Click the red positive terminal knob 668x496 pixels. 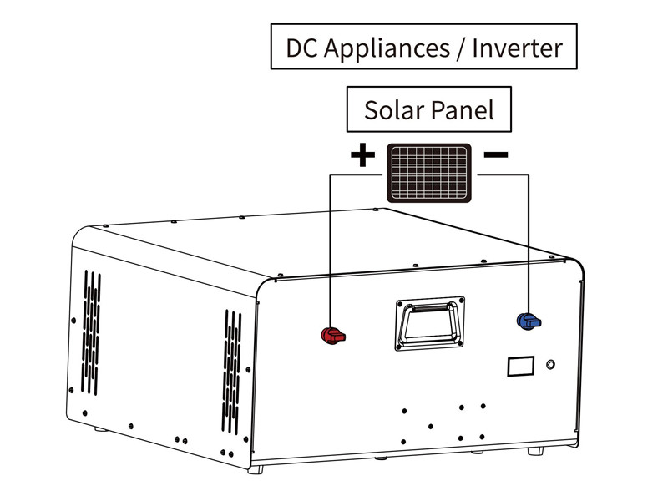[x=332, y=336]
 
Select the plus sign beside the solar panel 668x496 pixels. [x=362, y=155]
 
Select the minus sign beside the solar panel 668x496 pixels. [x=496, y=154]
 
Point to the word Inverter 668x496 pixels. [x=518, y=48]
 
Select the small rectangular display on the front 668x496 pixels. [x=519, y=367]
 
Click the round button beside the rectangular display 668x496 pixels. [x=550, y=365]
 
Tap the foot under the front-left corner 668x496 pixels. [x=256, y=469]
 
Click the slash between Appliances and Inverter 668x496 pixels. [x=460, y=48]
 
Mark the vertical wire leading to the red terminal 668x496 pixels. [x=331, y=251]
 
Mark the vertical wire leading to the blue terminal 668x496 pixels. [x=529, y=242]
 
